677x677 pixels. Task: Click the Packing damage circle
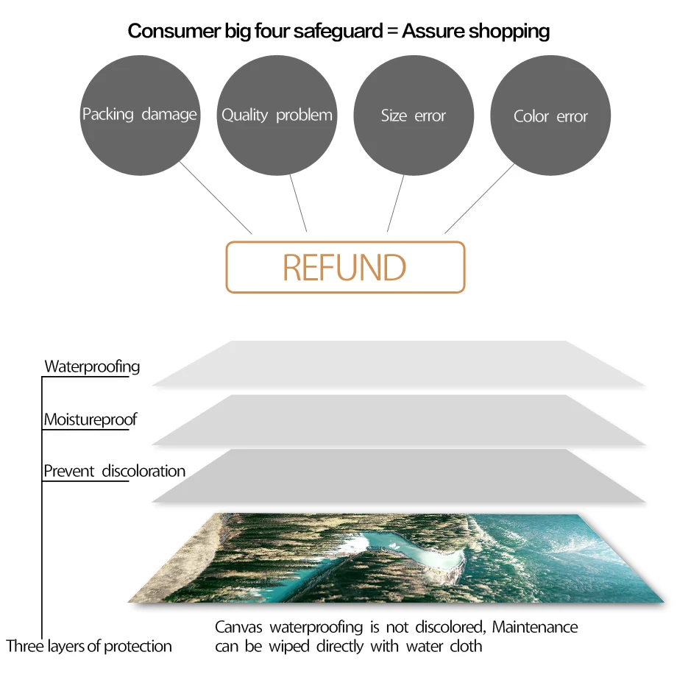point(140,115)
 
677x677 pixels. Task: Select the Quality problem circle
point(277,116)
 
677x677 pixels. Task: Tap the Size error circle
point(414,116)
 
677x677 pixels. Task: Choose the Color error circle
point(550,116)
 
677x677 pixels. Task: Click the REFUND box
point(345,267)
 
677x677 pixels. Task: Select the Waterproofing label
point(92,366)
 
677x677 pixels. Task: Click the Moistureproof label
point(91,419)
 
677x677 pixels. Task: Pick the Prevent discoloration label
point(114,471)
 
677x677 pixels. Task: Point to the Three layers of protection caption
point(89,646)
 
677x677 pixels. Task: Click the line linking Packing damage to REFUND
point(216,198)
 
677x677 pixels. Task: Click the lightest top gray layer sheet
point(397,364)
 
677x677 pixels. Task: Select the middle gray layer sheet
point(397,419)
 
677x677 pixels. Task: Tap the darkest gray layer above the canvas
point(397,475)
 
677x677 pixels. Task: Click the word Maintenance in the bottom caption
point(535,627)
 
